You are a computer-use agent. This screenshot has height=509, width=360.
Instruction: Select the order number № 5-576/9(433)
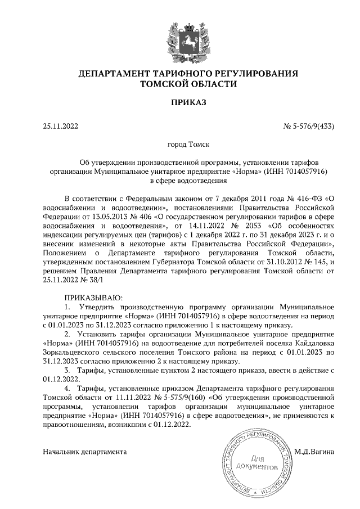(x=309, y=126)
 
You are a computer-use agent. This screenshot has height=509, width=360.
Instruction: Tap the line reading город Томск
(x=188, y=145)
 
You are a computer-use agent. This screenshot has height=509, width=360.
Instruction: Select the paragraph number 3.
(x=67, y=370)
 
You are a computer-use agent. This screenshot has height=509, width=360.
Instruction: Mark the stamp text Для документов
(x=258, y=463)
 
